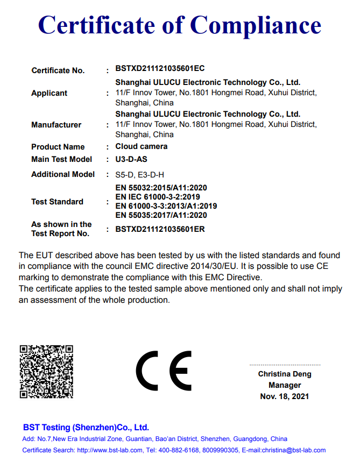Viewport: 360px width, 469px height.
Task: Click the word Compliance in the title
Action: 256,25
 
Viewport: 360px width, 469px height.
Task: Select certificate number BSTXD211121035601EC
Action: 160,69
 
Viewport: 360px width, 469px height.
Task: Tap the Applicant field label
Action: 49,93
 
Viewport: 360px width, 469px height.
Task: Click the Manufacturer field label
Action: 56,125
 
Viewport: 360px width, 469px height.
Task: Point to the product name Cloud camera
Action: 142,146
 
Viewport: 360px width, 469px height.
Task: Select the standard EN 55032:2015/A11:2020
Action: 161,188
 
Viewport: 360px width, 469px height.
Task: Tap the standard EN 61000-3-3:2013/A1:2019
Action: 166,206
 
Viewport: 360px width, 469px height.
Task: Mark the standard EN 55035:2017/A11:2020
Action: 161,215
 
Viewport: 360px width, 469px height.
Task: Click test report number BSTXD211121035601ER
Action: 160,229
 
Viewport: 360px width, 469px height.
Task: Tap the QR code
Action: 46,372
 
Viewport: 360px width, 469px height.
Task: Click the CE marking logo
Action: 164,371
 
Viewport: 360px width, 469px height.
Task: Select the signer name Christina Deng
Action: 285,374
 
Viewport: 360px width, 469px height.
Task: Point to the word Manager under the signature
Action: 285,385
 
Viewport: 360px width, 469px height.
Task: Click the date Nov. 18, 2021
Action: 285,396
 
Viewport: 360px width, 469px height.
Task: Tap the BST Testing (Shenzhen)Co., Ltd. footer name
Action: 86,428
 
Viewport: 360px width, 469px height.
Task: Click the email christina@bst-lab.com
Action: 294,450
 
